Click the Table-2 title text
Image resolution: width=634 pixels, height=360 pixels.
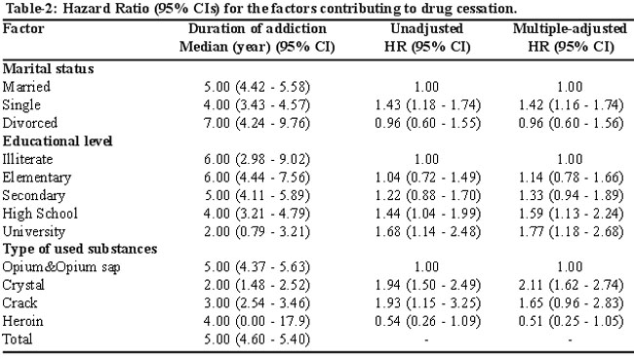pos(261,9)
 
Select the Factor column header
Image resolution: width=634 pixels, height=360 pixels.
pos(23,28)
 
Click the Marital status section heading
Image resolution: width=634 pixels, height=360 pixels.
pos(48,68)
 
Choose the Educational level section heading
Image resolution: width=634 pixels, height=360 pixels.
pos(58,141)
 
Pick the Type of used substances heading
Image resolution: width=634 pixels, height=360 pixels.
pos(80,249)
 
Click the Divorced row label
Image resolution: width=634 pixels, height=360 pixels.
pos(30,123)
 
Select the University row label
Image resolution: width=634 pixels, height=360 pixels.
pos(34,232)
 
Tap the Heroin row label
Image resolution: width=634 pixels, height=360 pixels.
pos(22,321)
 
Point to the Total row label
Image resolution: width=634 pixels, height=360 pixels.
pos(18,339)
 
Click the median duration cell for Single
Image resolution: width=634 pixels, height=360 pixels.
pos(257,105)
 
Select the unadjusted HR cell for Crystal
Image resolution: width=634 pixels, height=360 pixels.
pos(428,285)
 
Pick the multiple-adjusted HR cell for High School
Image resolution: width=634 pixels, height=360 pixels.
pos(571,214)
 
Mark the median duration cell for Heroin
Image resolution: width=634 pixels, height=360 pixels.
pos(257,322)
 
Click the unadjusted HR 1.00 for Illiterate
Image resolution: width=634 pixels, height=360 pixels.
pos(426,159)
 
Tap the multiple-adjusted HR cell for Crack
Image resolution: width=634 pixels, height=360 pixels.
pos(571,303)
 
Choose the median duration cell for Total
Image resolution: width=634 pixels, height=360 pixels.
pos(257,340)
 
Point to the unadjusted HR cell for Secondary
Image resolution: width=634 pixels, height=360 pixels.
pos(428,196)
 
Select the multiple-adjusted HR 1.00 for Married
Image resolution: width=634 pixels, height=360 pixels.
pos(570,87)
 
